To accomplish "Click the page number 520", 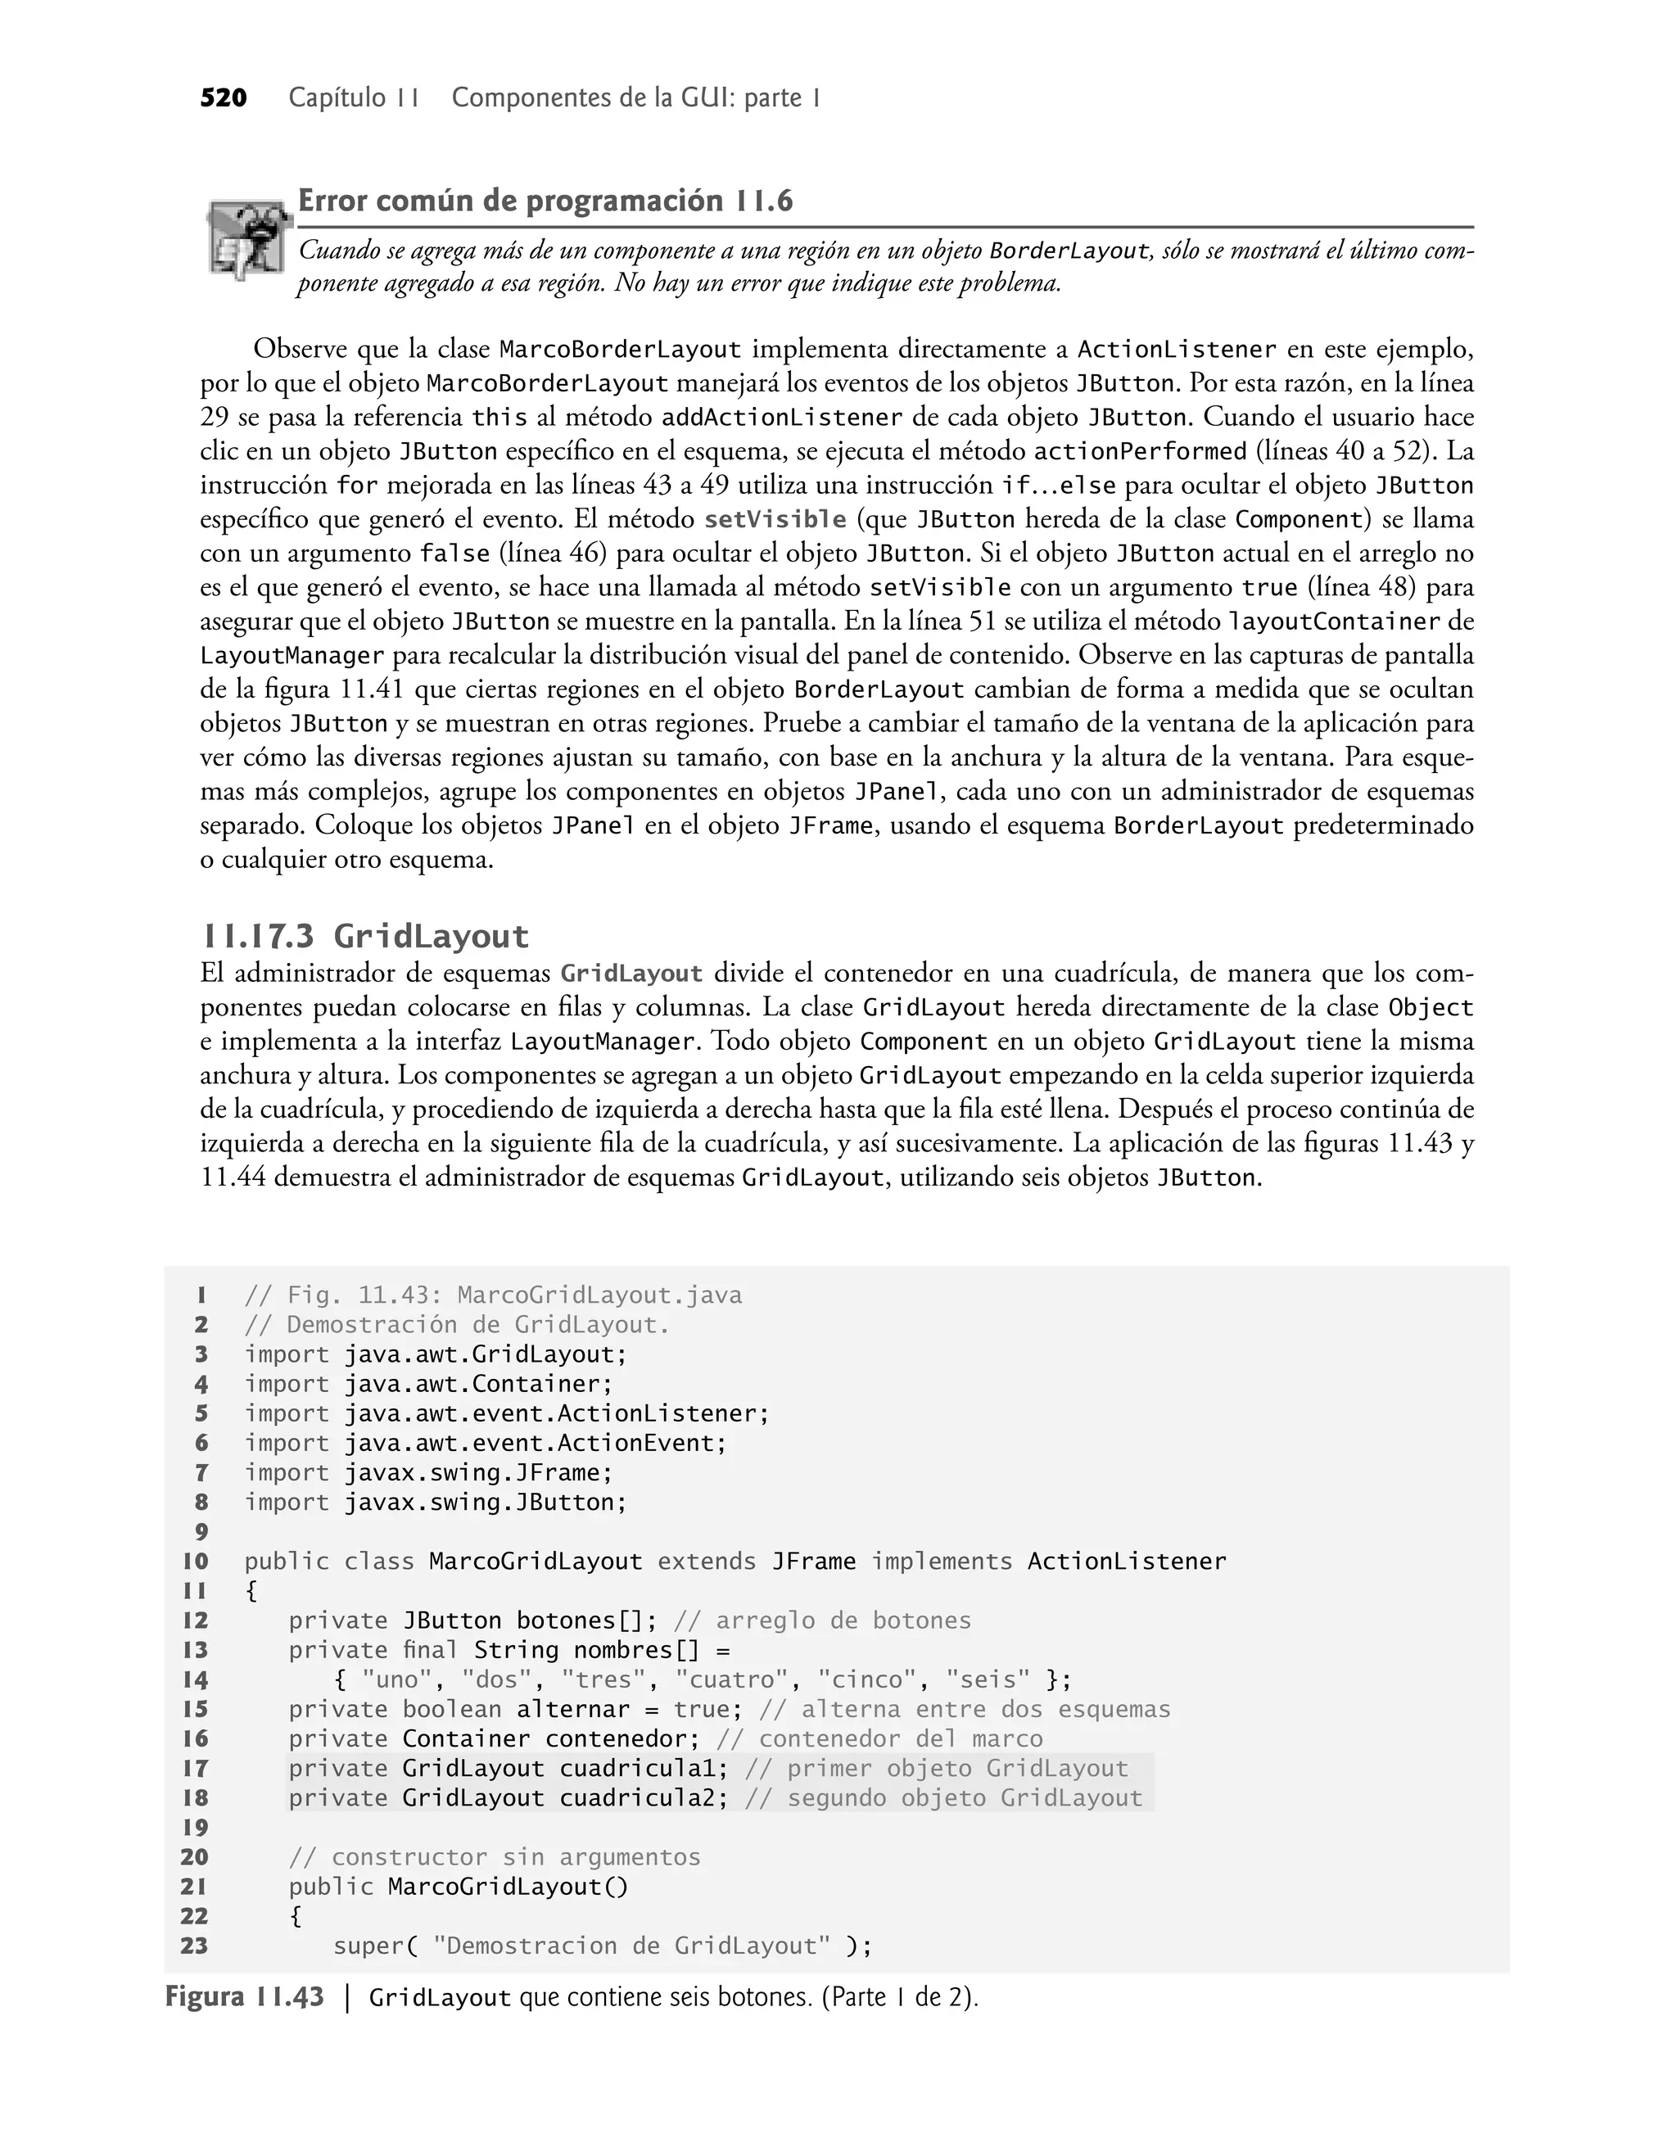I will (x=223, y=98).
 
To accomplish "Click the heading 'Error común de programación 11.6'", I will (x=545, y=201).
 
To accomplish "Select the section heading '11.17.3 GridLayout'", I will (x=364, y=937).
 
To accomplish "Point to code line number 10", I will (x=196, y=1562).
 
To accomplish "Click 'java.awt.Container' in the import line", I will (x=478, y=1384).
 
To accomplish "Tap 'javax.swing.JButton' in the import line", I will (x=485, y=1503).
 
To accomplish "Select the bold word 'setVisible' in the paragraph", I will (x=775, y=519).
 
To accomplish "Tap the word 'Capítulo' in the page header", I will (x=337, y=98).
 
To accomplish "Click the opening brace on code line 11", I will (x=251, y=1591).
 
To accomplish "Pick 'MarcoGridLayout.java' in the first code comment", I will (x=599, y=1295).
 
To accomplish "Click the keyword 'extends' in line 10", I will (x=707, y=1562).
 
